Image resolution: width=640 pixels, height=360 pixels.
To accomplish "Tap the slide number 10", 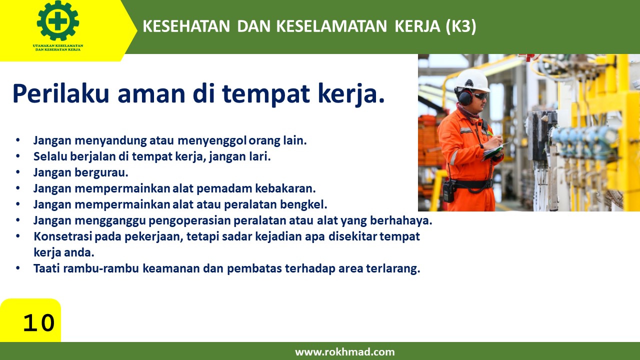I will coord(38,323).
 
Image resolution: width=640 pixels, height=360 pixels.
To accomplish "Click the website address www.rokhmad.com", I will coord(344,352).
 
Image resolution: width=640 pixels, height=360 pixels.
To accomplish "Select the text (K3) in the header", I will coord(460,27).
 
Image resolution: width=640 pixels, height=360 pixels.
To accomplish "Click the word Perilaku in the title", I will coord(60,93).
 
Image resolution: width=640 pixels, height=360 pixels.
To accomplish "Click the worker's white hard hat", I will coord(472,80).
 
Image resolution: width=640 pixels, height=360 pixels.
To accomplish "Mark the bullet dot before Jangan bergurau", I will coord(18,173).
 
